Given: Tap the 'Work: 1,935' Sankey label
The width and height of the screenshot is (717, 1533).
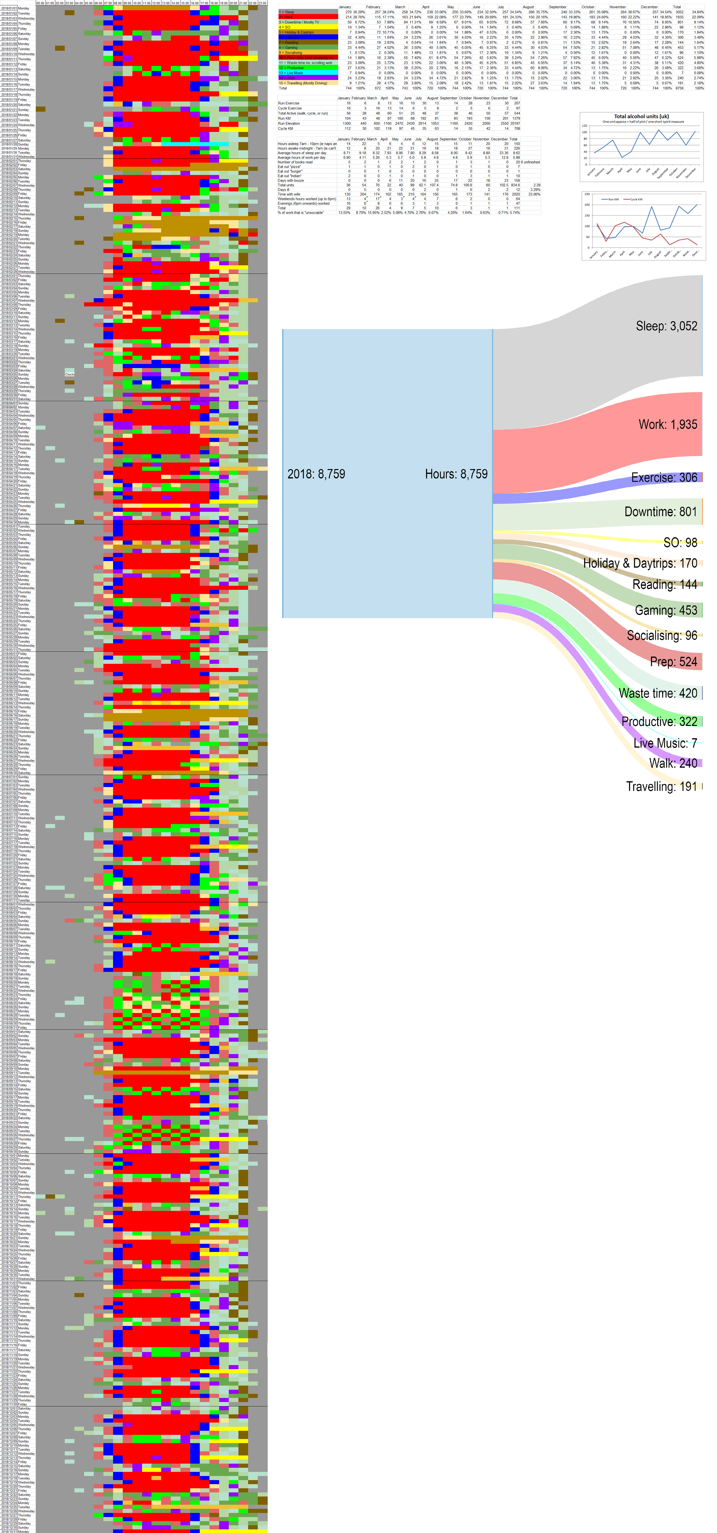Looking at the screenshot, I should [x=668, y=424].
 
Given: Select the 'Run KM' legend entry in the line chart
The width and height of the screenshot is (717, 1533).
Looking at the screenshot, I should [x=613, y=199].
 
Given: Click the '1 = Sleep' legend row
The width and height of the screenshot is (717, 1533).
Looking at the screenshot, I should [x=287, y=12].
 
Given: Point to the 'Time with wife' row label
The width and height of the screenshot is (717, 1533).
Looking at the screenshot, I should [x=289, y=194].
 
